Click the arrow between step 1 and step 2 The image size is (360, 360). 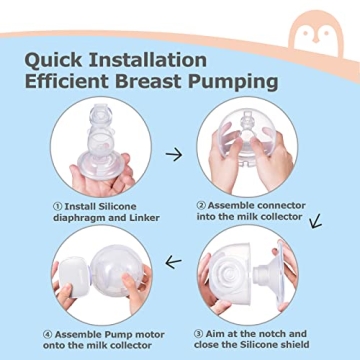coord(173,155)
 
